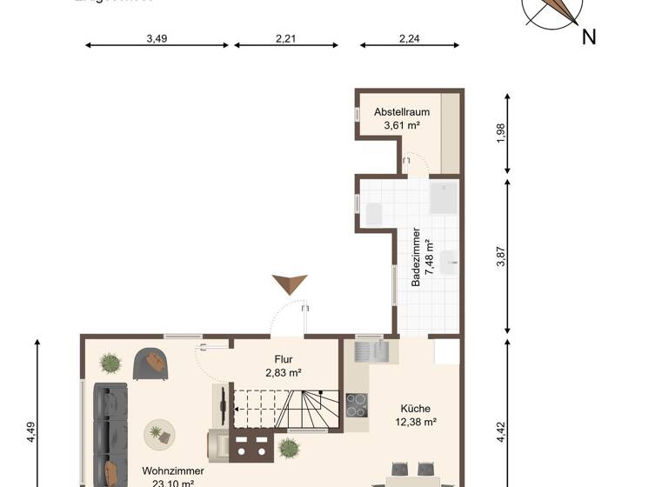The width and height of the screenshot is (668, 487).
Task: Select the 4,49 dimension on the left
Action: (30, 432)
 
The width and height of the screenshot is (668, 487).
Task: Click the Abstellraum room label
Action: (402, 112)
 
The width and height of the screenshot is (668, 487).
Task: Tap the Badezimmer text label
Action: (416, 257)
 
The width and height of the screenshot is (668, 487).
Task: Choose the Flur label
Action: (284, 358)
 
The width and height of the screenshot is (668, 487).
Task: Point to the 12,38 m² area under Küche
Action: (415, 422)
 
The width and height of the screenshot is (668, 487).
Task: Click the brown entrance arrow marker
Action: (290, 284)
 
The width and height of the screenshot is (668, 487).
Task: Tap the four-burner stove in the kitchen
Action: (357, 405)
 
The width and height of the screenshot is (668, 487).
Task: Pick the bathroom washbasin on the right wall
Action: (450, 260)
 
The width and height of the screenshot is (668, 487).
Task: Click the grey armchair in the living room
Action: (151, 364)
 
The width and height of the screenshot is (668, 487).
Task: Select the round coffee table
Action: (158, 432)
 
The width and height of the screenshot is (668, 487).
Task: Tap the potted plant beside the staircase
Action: (289, 448)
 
